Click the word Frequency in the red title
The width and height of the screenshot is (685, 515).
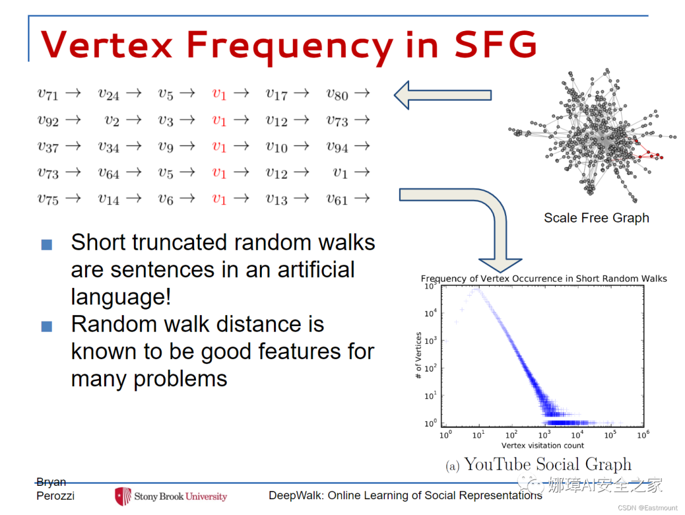pos(289,46)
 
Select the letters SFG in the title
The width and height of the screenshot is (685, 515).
pos(495,44)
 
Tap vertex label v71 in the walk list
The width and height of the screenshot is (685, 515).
pos(48,94)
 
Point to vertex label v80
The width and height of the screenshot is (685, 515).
pos(337,94)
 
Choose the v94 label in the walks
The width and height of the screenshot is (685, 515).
pos(337,147)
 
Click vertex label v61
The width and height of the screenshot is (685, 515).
pos(337,199)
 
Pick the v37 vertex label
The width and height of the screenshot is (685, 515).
pos(48,147)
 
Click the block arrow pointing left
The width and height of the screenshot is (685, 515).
pos(443,95)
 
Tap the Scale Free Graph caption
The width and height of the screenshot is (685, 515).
pos(596,218)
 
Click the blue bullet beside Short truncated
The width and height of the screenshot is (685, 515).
pos(47,244)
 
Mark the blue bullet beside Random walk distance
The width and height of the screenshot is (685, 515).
pos(47,326)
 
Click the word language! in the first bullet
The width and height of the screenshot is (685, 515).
pos(121,297)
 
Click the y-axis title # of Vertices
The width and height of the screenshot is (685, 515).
pos(419,355)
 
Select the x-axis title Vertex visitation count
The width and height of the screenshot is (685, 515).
pos(542,445)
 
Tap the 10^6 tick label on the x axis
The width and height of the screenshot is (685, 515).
pos(643,434)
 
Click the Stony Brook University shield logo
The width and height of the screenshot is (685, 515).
pos(123,496)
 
